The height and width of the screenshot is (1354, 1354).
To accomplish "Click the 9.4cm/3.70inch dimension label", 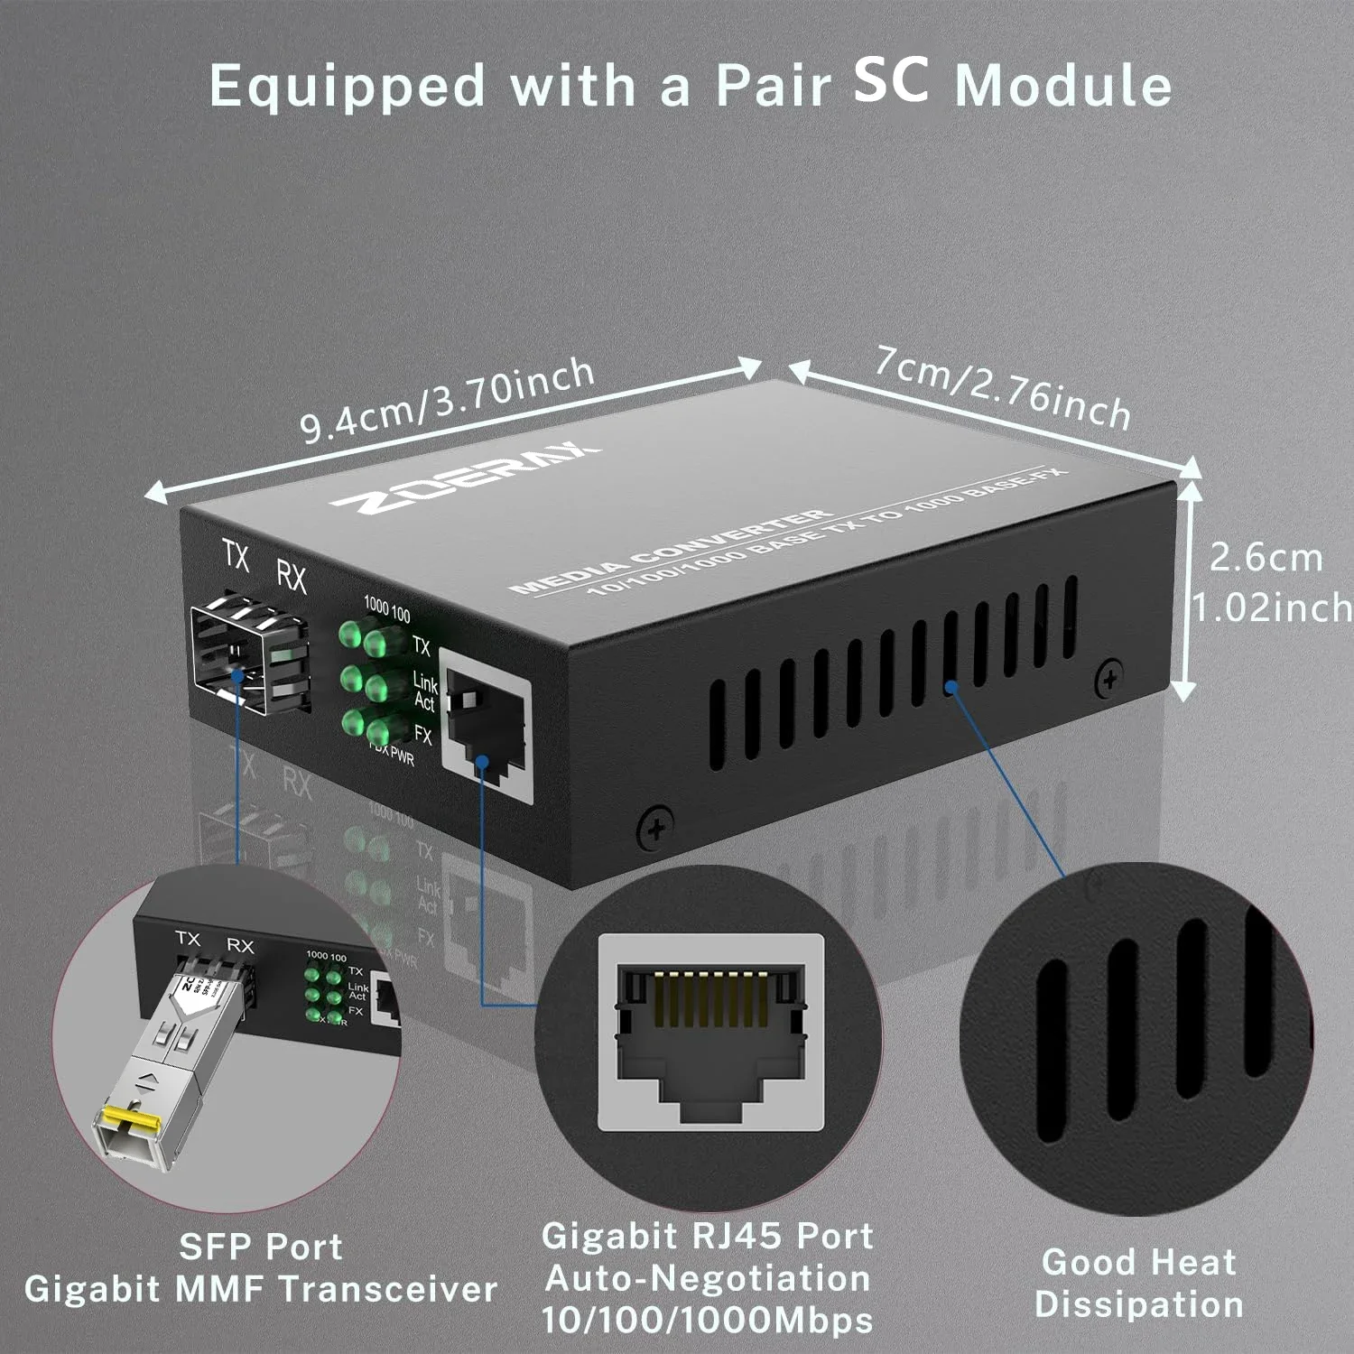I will [x=447, y=401].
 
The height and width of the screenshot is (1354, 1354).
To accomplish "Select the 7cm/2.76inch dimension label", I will [x=1002, y=387].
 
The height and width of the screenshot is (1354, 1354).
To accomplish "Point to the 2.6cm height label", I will [x=1266, y=558].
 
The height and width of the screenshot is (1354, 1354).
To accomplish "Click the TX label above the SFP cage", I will [x=236, y=557].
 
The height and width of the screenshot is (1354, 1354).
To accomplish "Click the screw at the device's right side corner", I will [x=1109, y=678].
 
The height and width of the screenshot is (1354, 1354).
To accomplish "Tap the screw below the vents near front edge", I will [x=655, y=827].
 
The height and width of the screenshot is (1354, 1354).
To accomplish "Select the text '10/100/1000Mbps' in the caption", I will [x=708, y=1321].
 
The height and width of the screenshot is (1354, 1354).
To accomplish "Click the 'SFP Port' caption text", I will [x=261, y=1247].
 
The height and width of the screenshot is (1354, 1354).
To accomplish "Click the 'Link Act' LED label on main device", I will [x=424, y=691].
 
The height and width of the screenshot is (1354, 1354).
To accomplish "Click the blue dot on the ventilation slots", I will [x=951, y=687].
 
